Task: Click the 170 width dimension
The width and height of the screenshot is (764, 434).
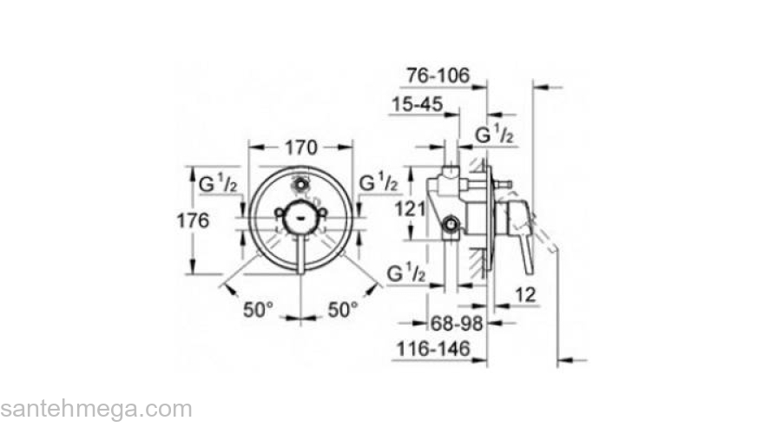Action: (x=300, y=147)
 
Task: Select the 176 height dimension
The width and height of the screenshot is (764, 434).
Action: (x=193, y=220)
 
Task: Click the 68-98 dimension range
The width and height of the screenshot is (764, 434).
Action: (x=458, y=323)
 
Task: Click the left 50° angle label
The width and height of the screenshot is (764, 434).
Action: (x=258, y=308)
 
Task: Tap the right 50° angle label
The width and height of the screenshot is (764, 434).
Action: (x=343, y=308)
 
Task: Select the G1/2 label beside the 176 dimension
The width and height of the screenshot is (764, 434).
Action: (x=218, y=184)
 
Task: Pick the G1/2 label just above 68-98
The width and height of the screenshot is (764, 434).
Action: (x=405, y=273)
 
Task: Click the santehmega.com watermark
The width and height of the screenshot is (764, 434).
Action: (x=95, y=409)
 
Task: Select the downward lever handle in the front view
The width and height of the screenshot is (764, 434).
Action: (x=300, y=252)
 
